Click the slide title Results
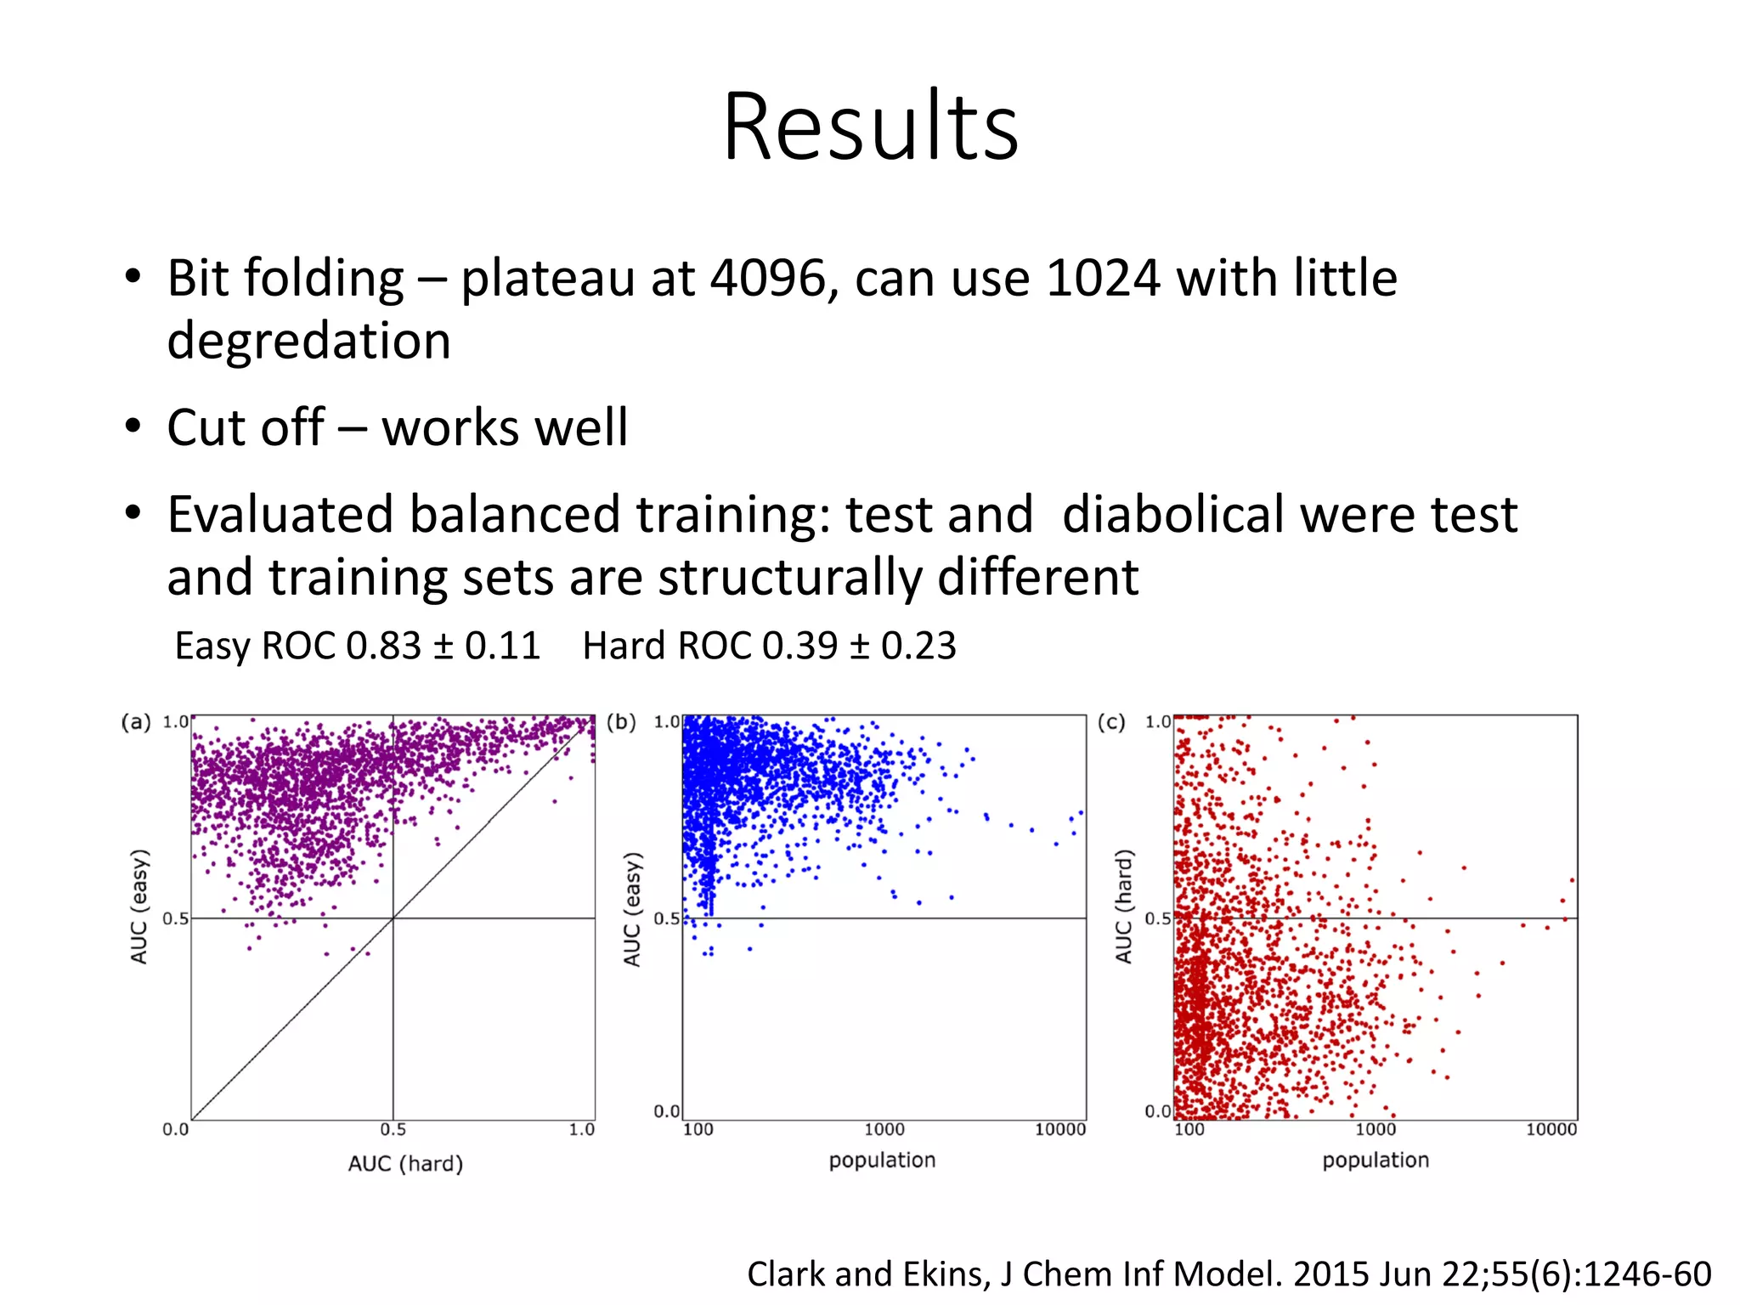coord(870,127)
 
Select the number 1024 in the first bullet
coord(1103,279)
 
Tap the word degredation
coord(308,342)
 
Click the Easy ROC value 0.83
coord(383,646)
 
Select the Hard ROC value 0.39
coord(799,646)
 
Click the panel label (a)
coord(136,722)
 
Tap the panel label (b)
coord(621,722)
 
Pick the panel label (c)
coord(1111,722)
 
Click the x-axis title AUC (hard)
coord(405,1163)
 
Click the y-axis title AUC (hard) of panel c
coord(1123,906)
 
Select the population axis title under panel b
coord(882,1160)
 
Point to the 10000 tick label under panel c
coord(1551,1129)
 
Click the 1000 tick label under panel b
coord(884,1129)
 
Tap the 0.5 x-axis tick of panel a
coord(393,1129)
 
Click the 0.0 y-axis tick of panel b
coord(666,1110)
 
